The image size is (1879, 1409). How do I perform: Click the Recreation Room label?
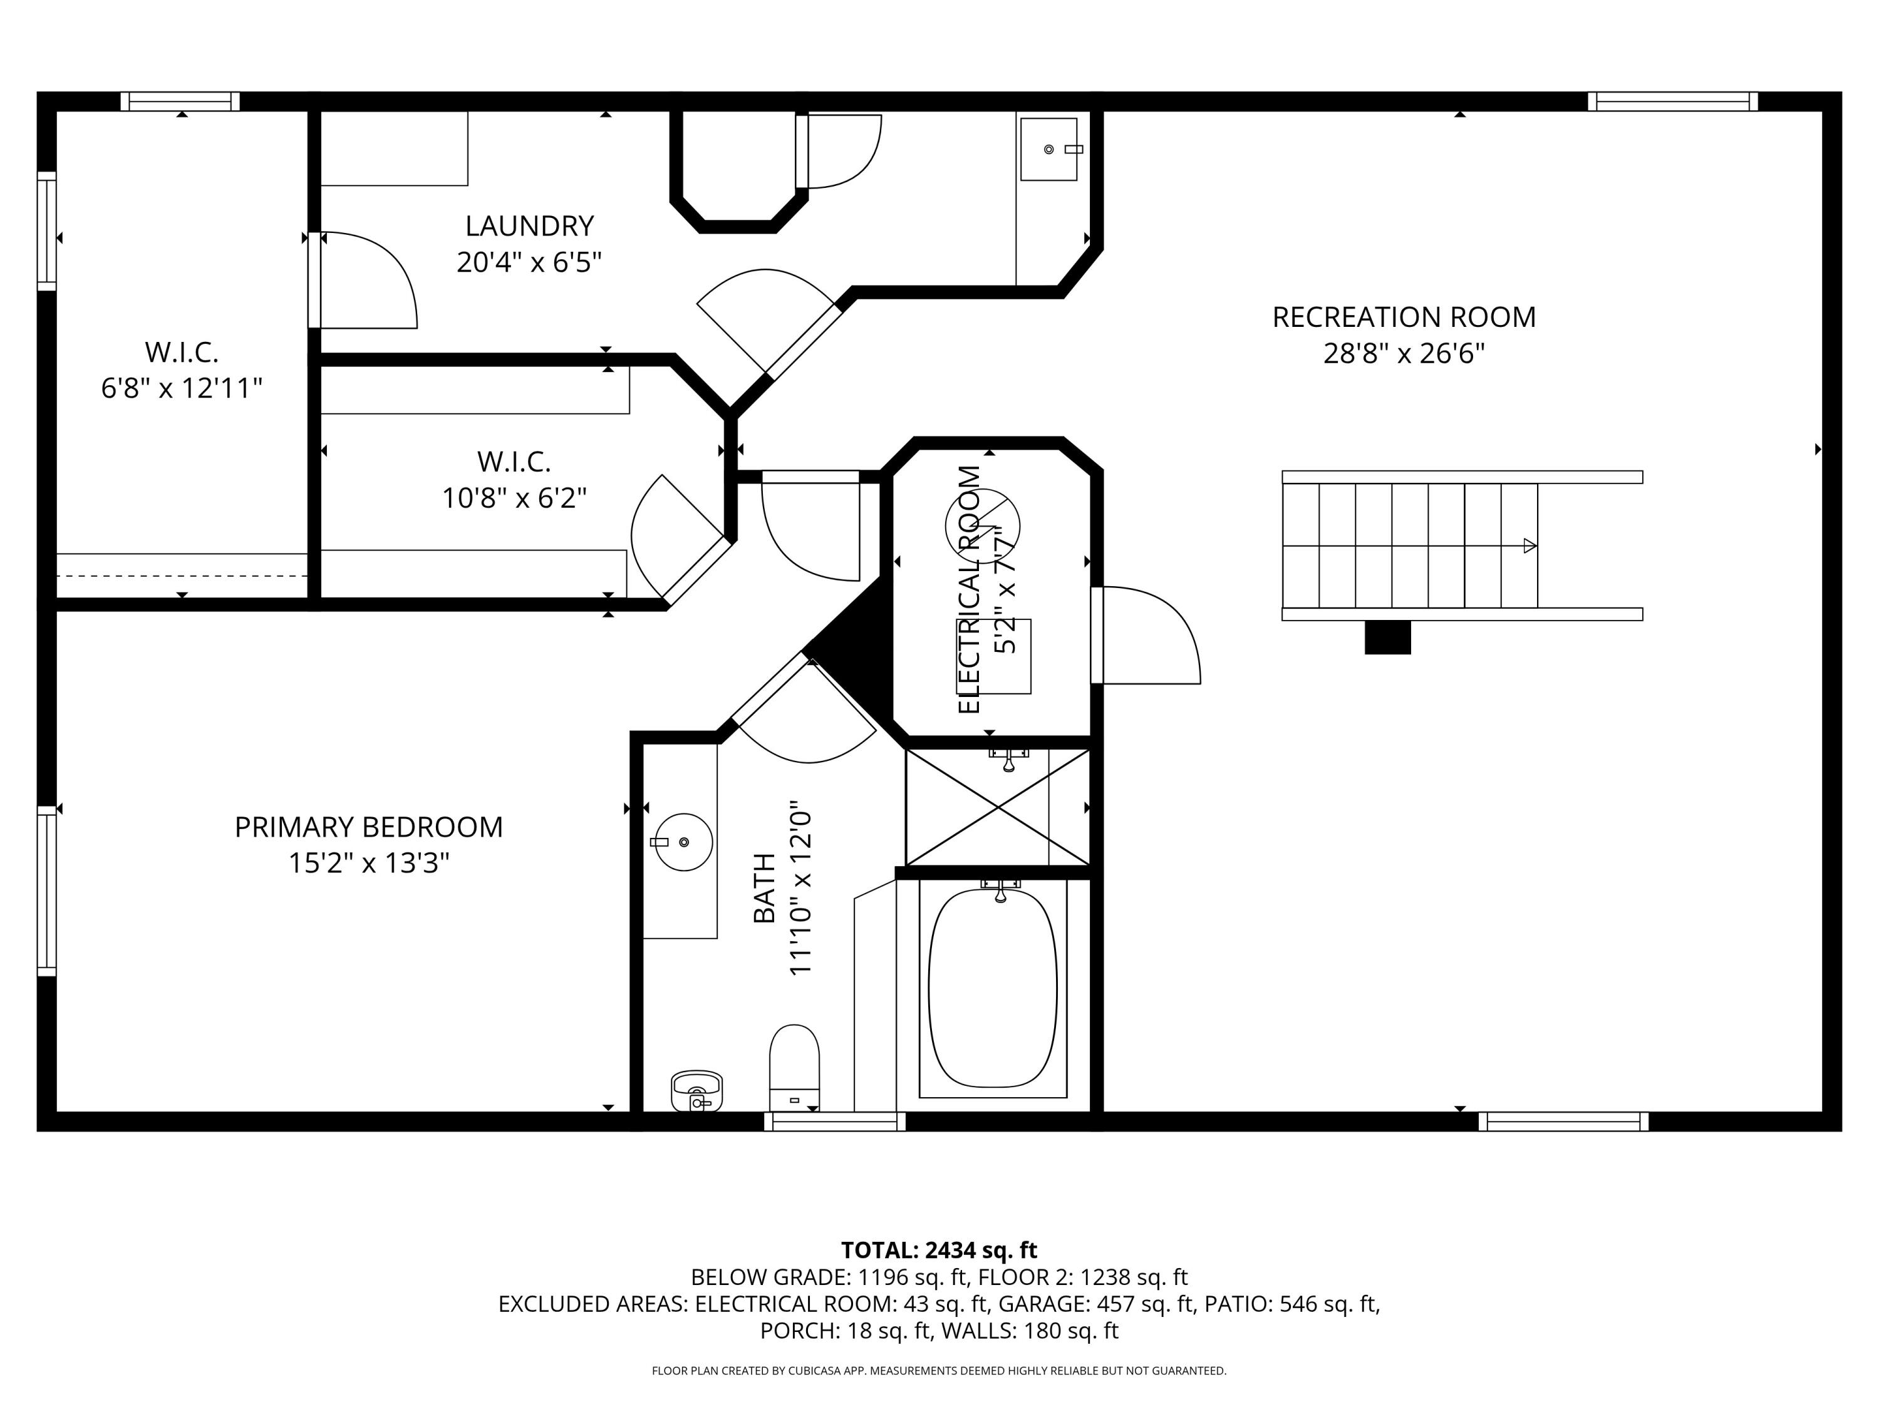(x=1404, y=317)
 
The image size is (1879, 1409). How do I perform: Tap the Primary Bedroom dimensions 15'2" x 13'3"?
(x=369, y=863)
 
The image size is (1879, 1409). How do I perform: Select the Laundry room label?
(x=529, y=226)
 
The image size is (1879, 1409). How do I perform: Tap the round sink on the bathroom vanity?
(x=684, y=842)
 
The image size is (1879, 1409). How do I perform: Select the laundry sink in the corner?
(x=1049, y=150)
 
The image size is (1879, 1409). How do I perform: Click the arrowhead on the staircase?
(x=1530, y=546)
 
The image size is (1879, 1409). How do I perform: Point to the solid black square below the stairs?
(x=1388, y=637)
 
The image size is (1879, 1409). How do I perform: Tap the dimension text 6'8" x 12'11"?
(x=182, y=388)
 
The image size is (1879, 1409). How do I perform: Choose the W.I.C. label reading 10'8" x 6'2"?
(x=514, y=480)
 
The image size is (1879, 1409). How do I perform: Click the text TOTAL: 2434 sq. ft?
(x=939, y=1250)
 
